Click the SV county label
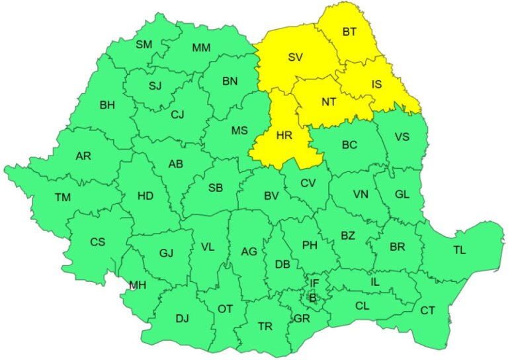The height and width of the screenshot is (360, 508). tap(295, 57)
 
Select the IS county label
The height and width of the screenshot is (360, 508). tap(376, 84)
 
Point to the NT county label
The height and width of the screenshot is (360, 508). tap(329, 103)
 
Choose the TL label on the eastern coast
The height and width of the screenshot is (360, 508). tap(459, 250)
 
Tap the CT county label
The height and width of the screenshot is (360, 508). tap(428, 310)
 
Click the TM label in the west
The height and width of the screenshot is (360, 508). tap(63, 197)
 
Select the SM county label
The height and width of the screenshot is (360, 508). tap(144, 44)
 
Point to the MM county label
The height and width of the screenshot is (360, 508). tap(201, 48)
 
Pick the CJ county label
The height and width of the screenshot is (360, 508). tap(177, 114)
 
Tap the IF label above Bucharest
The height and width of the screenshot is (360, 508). tap(314, 283)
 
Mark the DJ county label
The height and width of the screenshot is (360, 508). tap(182, 318)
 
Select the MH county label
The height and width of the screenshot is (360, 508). tap(138, 286)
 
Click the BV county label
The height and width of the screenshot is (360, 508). tap(271, 196)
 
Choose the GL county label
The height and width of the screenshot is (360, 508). tap(401, 194)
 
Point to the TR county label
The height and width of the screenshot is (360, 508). tap(265, 326)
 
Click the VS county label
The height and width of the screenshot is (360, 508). tap(402, 137)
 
